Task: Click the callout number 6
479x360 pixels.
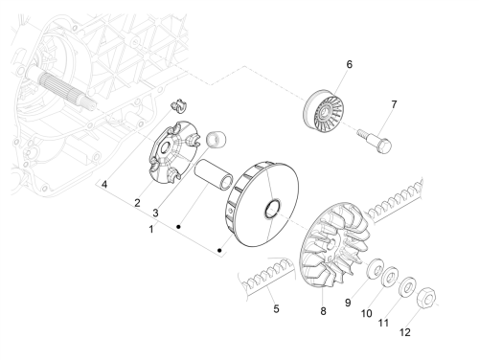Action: pos(350,64)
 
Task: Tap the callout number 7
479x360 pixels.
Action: pos(394,104)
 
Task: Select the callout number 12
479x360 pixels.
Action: pos(405,332)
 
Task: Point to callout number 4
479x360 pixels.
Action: pos(104,184)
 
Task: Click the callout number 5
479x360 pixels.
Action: pos(276,308)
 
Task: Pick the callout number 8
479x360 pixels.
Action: pos(323,311)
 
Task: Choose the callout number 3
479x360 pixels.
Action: pos(155,213)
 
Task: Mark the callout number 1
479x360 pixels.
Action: pos(151,229)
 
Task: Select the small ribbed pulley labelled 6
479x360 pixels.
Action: pos(323,111)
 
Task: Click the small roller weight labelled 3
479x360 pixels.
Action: pos(217,139)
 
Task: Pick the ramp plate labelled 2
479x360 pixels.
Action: pos(174,152)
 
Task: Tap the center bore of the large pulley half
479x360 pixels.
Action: pos(272,209)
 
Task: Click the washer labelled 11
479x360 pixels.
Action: pos(407,287)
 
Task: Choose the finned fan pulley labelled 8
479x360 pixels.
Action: pos(335,244)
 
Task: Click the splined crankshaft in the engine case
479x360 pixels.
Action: pos(60,86)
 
